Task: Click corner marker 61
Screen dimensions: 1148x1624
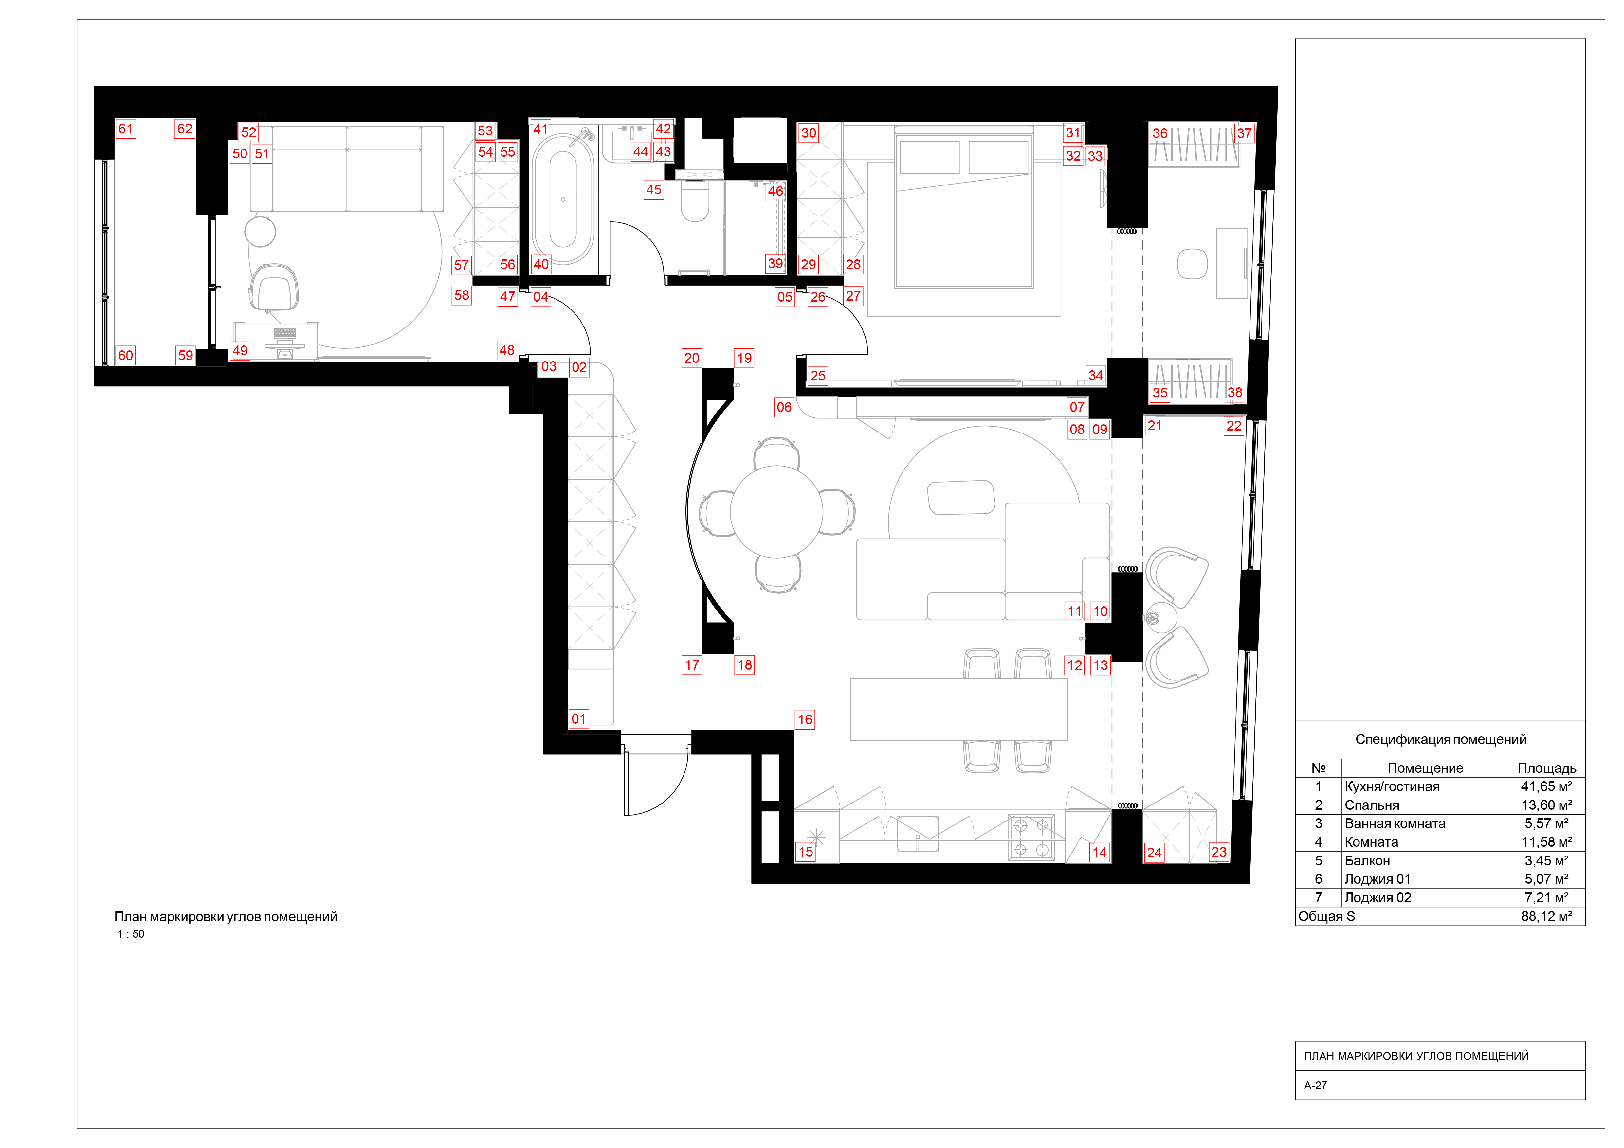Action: (x=125, y=129)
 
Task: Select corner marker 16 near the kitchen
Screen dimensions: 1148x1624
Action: (x=805, y=720)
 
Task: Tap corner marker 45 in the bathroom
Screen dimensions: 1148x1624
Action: (x=653, y=189)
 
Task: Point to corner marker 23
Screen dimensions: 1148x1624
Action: (x=1219, y=852)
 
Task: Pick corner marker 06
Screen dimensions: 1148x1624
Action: (x=784, y=407)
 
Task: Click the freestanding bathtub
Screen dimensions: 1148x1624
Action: (x=563, y=199)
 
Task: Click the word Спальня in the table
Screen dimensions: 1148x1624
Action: (x=1372, y=805)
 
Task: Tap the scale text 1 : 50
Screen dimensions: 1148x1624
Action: (x=131, y=934)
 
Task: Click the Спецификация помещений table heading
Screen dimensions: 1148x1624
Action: (x=1440, y=739)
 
